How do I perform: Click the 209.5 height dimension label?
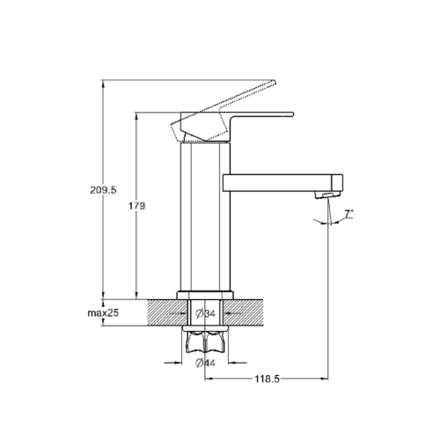[103, 190]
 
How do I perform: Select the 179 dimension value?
[136, 206]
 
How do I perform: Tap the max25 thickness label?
[103, 313]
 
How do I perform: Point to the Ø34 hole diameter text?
[205, 313]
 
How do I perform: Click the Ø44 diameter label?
[205, 363]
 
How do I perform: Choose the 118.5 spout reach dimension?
[267, 379]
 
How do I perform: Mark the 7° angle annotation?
[348, 214]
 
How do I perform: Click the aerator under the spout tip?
[327, 194]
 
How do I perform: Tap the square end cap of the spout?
[337, 183]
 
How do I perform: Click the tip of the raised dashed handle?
[275, 81]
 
